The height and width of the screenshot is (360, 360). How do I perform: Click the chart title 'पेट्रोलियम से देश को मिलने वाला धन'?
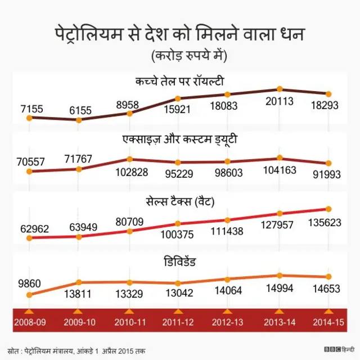click(x=180, y=35)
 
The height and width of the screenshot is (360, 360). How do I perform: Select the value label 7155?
click(x=31, y=108)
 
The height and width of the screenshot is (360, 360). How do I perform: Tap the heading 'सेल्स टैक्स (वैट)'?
click(x=181, y=200)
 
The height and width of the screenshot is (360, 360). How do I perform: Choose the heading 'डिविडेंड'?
click(x=181, y=261)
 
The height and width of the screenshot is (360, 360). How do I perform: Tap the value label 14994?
click(x=279, y=289)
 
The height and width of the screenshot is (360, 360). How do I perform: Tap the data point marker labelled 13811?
click(x=79, y=282)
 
